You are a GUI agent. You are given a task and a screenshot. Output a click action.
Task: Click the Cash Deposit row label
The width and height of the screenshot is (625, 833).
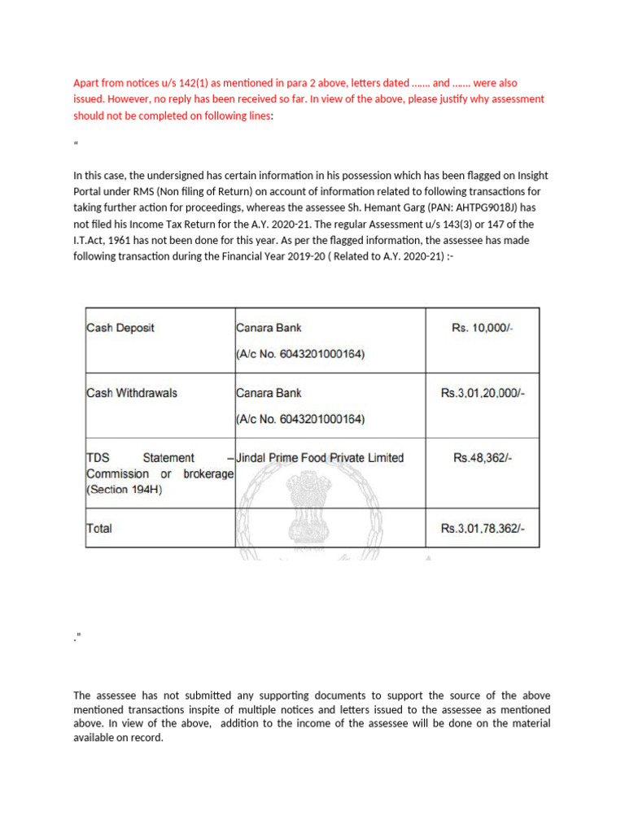[x=120, y=328]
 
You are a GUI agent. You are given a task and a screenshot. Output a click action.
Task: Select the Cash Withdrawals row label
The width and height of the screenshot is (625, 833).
[x=132, y=393]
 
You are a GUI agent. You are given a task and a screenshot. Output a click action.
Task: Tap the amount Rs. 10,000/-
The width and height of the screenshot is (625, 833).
[x=483, y=328]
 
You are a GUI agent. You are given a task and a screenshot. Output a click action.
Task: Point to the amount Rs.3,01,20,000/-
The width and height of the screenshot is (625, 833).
[x=483, y=393]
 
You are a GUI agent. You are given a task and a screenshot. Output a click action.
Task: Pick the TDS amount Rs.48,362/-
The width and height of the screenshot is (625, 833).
[x=483, y=458]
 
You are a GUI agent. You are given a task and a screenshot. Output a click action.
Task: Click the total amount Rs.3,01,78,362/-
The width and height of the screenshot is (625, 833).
[x=483, y=528]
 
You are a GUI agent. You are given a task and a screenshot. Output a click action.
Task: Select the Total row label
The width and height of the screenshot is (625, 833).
[x=100, y=528]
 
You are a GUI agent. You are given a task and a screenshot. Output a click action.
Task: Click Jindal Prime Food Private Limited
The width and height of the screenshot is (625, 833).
[x=320, y=458]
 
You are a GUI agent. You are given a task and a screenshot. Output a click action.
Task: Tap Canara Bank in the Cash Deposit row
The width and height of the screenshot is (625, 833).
[x=269, y=328]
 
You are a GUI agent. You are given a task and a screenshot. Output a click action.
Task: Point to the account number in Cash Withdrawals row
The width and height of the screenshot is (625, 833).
[x=300, y=420]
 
